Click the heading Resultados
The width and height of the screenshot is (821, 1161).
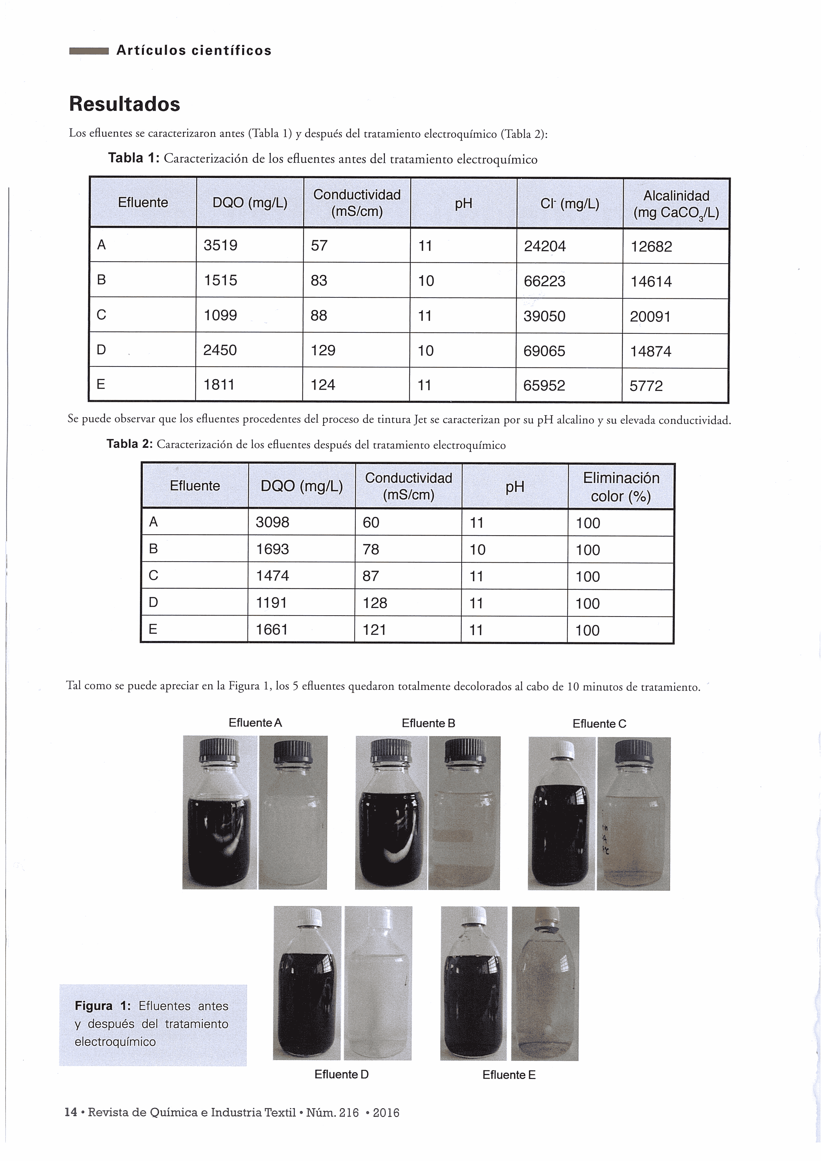[x=124, y=104]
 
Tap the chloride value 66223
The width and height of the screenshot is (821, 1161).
[x=544, y=281]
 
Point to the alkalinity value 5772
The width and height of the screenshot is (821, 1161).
[x=646, y=386]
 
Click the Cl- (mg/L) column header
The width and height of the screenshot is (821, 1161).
[x=570, y=204]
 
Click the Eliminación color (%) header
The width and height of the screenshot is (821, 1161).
[x=621, y=487]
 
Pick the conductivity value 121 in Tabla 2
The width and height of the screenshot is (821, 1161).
[x=374, y=629]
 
